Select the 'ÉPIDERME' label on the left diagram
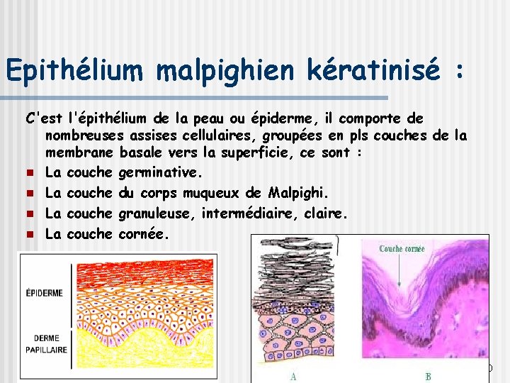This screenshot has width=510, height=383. coord(44,292)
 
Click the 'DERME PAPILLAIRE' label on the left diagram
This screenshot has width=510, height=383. coord(44,344)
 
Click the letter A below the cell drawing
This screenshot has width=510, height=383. coord(293,377)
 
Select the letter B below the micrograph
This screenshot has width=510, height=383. coord(428,377)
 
